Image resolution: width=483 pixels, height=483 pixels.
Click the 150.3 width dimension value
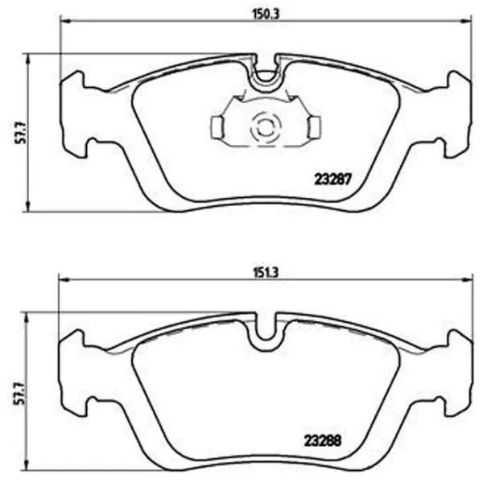coord(266,14)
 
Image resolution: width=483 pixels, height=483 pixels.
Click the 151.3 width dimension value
coord(266,273)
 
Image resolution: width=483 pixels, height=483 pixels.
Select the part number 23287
coord(332,180)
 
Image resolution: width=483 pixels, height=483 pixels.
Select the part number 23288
coord(323,441)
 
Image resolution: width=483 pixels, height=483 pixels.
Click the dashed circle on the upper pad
coord(266,127)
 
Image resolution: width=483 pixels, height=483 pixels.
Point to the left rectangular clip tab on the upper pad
coord(217,127)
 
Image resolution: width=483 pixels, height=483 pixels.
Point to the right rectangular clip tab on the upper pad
coord(314,127)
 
